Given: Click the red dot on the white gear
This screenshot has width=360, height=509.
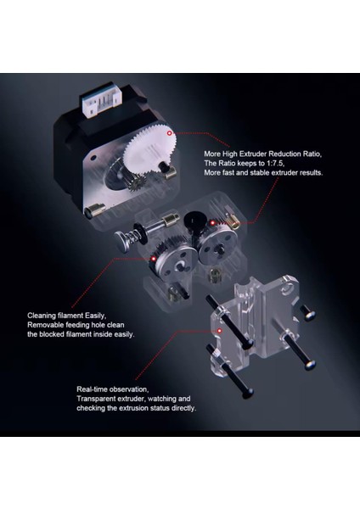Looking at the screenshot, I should click(172, 133).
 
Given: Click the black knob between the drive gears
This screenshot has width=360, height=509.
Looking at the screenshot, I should click(195, 223).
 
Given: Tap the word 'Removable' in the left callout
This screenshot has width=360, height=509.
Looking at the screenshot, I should click(48, 324).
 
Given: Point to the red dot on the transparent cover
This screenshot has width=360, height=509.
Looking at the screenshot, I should click(220, 328).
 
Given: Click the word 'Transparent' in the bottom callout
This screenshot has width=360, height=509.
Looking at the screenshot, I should click(98, 399).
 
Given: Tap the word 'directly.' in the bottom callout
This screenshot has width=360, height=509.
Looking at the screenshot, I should click(181, 409).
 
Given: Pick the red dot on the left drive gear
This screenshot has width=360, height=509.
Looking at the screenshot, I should click(154, 256).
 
